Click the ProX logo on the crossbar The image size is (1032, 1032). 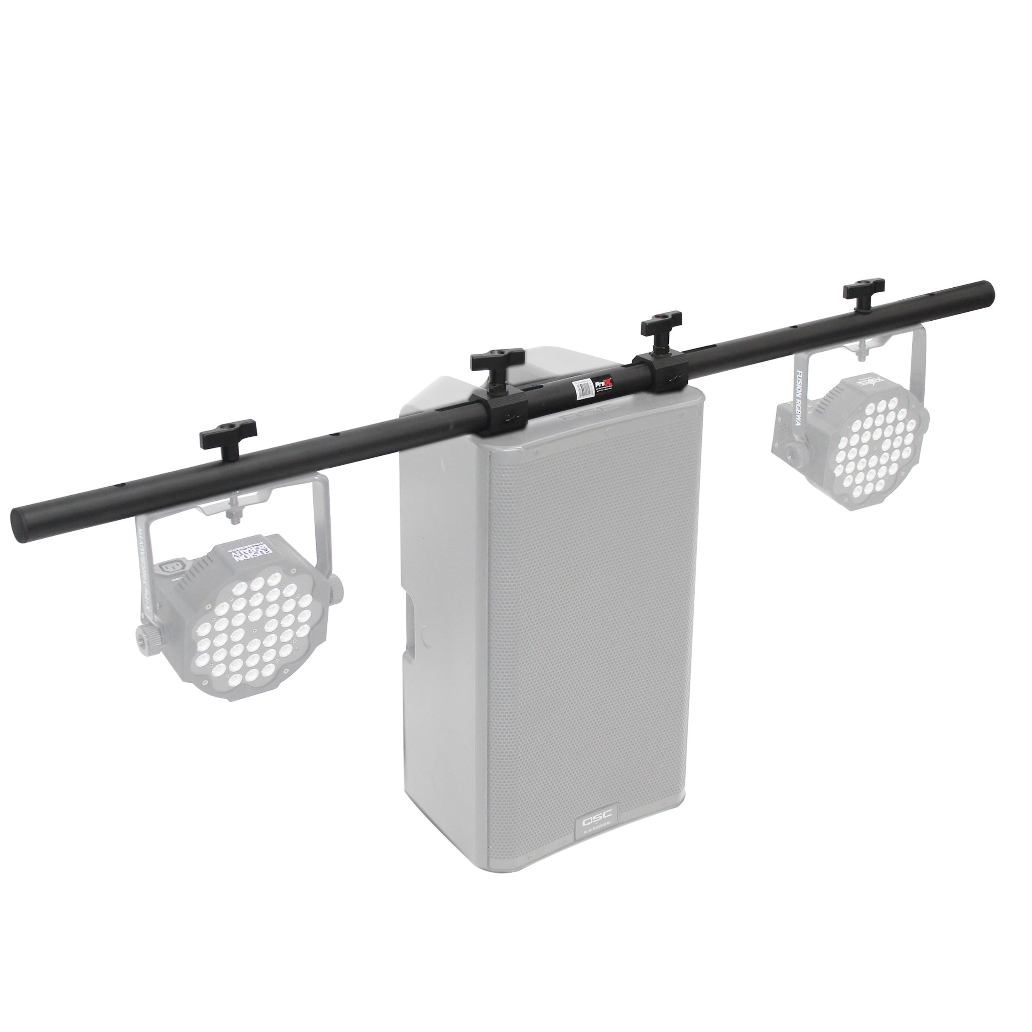(606, 384)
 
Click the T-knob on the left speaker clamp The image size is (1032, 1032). (497, 362)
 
